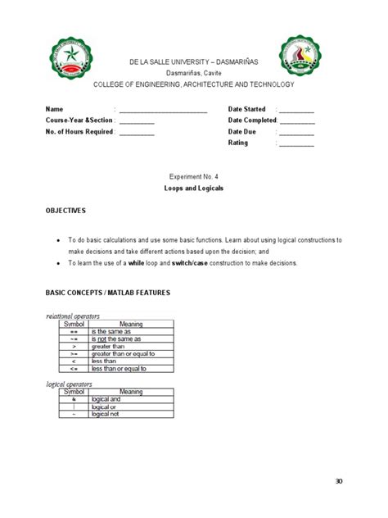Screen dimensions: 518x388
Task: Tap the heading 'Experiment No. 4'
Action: (x=194, y=177)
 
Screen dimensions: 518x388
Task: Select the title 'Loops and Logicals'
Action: (x=194, y=188)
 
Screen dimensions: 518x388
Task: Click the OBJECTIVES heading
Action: (x=65, y=211)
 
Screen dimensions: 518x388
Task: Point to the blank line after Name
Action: (x=163, y=110)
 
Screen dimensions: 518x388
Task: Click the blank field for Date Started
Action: (x=296, y=110)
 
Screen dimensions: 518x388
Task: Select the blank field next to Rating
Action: (x=296, y=143)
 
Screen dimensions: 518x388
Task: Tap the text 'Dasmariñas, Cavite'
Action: (x=194, y=72)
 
